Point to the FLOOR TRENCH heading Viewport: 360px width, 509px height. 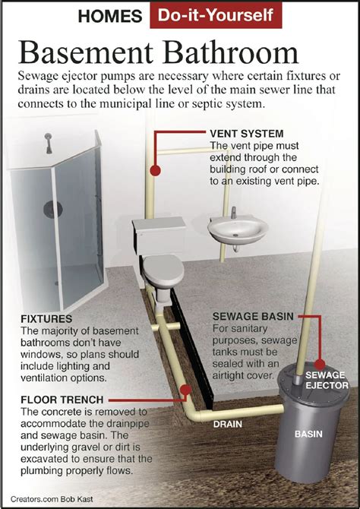(x=58, y=399)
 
